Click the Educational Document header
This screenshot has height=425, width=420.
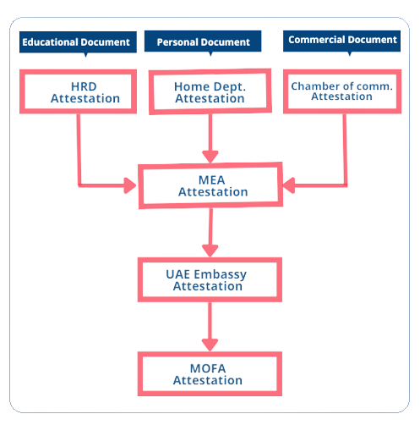coord(78,42)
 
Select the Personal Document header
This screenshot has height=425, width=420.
coord(203,41)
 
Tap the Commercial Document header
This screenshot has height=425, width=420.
coord(341,41)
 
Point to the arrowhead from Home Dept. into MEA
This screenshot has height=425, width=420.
coord(210,157)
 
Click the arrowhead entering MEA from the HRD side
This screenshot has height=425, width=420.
coord(130,185)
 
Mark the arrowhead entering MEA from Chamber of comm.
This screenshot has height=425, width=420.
coord(289,185)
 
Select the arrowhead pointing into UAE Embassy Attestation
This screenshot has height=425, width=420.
coord(210,251)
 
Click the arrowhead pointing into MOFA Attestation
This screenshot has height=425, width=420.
coord(210,345)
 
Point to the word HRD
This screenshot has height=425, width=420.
coord(84,86)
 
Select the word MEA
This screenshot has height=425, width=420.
coord(211,180)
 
